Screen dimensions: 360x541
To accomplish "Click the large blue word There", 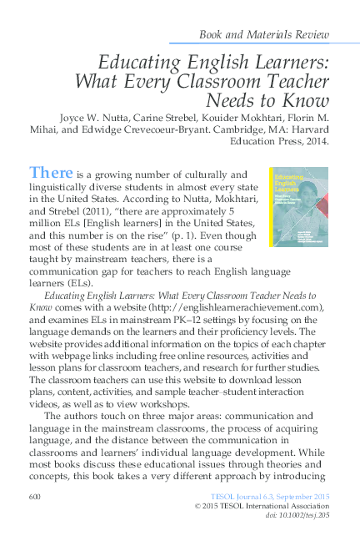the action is [51, 173].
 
